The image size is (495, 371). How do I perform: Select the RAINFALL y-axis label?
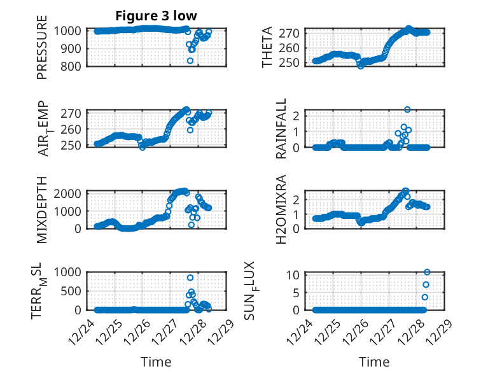coord(281,129)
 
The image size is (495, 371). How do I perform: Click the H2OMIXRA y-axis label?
coord(281,209)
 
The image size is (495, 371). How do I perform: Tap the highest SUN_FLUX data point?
coord(427,272)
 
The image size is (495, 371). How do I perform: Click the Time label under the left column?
coord(156,362)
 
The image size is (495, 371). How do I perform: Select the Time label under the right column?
coord(373,362)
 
